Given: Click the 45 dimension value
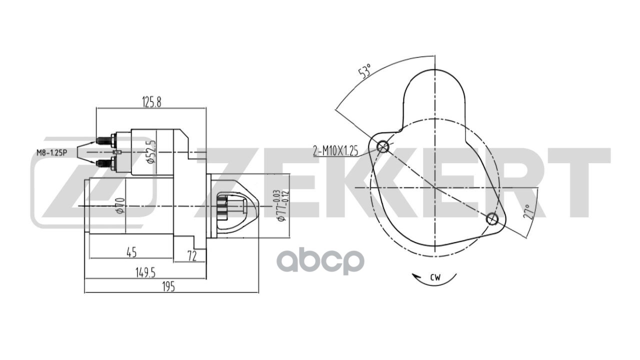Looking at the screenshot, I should coord(131,252).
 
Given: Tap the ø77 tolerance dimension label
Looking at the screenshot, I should coord(281,206).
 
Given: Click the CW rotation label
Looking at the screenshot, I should coord(435,278).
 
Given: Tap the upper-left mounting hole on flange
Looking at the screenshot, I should coord(383,146).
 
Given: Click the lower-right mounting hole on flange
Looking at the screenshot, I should coord(492,218).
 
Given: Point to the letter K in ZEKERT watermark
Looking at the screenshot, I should coord(360,183).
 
